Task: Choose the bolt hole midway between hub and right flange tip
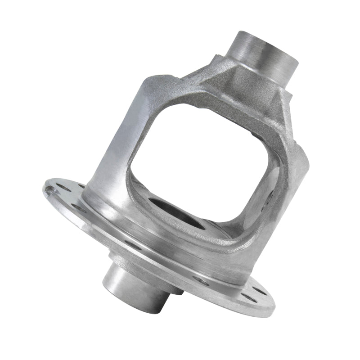pyautogui.click(x=201, y=281)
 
